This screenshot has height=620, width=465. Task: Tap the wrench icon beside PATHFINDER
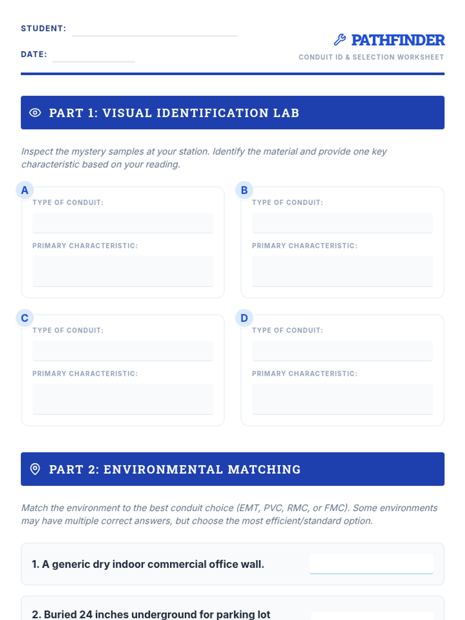point(340,40)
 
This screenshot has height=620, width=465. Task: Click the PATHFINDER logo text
point(398,40)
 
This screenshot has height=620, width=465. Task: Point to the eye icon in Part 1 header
point(35,113)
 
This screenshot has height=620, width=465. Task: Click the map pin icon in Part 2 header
point(35,469)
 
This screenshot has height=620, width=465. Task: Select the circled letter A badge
point(25,190)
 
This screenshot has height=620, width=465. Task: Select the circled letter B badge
point(244,190)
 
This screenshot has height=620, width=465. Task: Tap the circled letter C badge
point(25,318)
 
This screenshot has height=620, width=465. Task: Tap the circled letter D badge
point(244,318)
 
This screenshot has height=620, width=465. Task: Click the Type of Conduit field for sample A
point(122,223)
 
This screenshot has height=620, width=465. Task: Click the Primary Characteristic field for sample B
point(342,271)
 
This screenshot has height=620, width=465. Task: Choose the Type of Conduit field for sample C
point(122,351)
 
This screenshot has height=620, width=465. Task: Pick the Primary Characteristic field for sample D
point(342,399)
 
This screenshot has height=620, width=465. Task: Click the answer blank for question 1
point(371,563)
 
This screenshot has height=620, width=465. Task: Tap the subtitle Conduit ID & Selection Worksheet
point(371,57)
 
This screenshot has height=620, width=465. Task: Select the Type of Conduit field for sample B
point(342,223)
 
